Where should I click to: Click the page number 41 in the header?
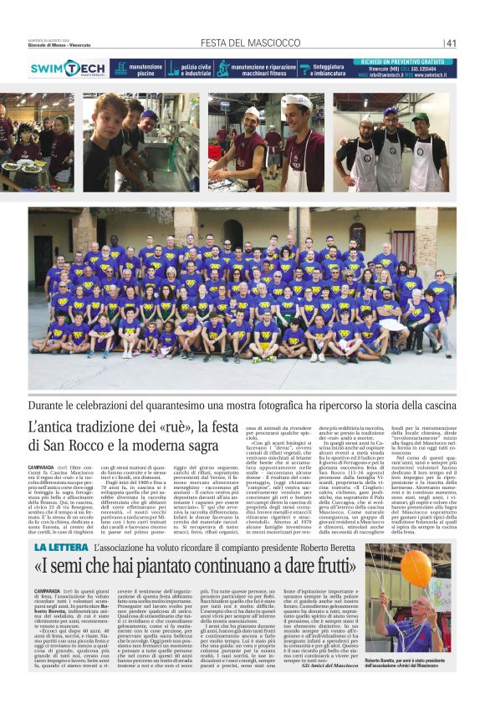point(451,43)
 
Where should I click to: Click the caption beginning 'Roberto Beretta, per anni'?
point(409,665)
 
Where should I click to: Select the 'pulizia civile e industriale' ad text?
point(196,69)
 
